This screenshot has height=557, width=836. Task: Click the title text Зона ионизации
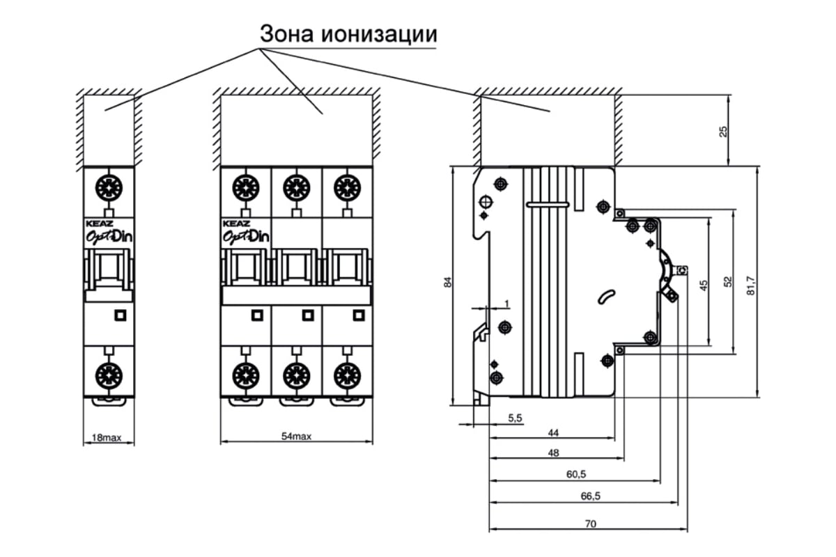click(x=348, y=33)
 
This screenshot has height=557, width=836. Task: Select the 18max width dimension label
click(x=107, y=438)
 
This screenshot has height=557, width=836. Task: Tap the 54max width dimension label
click(x=295, y=437)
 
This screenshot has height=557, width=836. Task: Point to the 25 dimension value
click(x=723, y=131)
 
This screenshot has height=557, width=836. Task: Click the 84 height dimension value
click(x=449, y=283)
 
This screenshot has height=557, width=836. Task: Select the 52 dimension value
click(x=727, y=281)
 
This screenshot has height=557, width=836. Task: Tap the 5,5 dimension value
click(x=515, y=418)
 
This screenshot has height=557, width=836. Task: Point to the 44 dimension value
click(x=553, y=432)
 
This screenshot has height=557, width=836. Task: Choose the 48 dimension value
click(x=553, y=453)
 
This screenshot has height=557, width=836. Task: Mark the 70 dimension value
click(x=589, y=524)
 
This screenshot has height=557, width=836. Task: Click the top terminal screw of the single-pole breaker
click(x=109, y=187)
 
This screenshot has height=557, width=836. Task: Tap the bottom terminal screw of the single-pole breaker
click(x=109, y=375)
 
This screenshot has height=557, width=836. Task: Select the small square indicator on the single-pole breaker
click(x=119, y=315)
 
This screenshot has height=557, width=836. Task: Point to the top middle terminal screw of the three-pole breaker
click(x=295, y=187)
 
